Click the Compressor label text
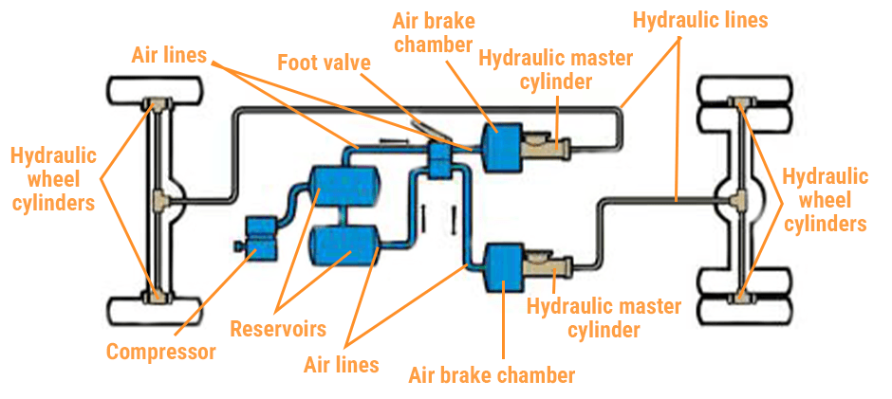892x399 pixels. point(160,353)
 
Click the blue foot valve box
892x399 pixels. point(439,158)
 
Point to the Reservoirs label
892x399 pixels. point(278,329)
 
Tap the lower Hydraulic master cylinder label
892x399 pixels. point(604,318)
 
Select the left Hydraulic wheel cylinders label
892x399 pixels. point(54,177)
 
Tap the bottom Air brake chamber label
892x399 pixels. point(492,374)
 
